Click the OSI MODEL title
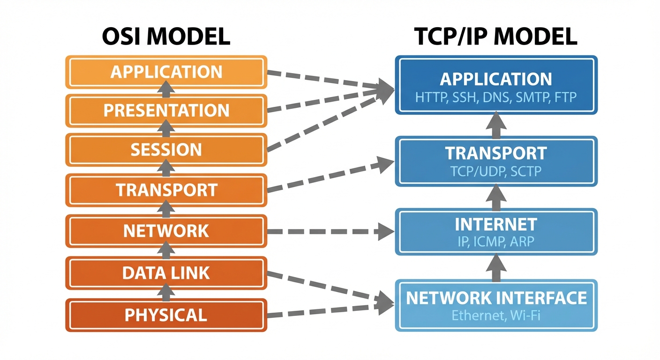(x=166, y=37)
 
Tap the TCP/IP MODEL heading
(x=495, y=37)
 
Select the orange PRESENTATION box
(x=166, y=111)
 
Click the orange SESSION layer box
(x=166, y=150)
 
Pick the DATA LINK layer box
(x=166, y=273)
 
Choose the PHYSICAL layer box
(x=166, y=315)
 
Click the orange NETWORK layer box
(x=166, y=231)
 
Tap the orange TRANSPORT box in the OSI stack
(x=166, y=190)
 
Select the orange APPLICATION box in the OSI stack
(x=166, y=72)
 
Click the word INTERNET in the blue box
(x=495, y=225)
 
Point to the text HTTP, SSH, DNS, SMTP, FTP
(x=495, y=97)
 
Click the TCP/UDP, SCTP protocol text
(x=495, y=171)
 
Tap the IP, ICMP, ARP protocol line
(x=495, y=241)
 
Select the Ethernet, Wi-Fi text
(x=495, y=315)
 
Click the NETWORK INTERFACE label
(x=495, y=298)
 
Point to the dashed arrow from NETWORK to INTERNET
(x=328, y=231)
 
